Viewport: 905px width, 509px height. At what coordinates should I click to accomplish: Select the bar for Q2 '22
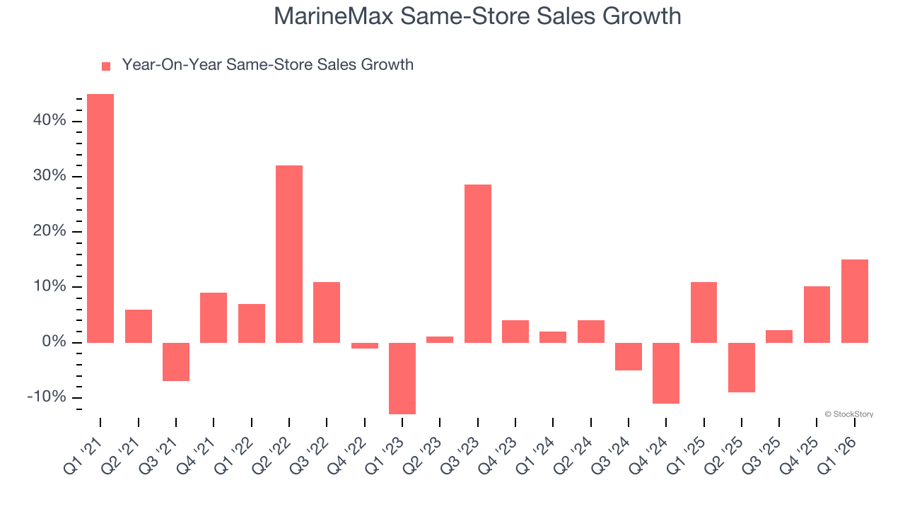pos(289,254)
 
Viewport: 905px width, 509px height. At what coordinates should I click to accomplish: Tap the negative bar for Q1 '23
pos(402,378)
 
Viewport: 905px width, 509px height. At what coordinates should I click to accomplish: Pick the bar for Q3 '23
pos(478,263)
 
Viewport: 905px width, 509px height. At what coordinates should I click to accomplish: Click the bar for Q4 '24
pos(666,373)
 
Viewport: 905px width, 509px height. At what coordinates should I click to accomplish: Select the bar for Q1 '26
pos(855,300)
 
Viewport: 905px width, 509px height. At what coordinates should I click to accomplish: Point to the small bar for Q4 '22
pos(365,346)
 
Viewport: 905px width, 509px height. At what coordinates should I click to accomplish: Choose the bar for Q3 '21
pos(176,361)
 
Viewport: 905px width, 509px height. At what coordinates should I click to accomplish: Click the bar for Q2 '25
pos(742,367)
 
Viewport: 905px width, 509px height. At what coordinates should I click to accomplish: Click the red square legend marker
pos(106,66)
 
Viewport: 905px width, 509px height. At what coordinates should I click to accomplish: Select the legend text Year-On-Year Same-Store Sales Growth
pos(267,65)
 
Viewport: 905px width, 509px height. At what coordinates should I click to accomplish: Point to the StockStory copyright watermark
pos(848,414)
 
